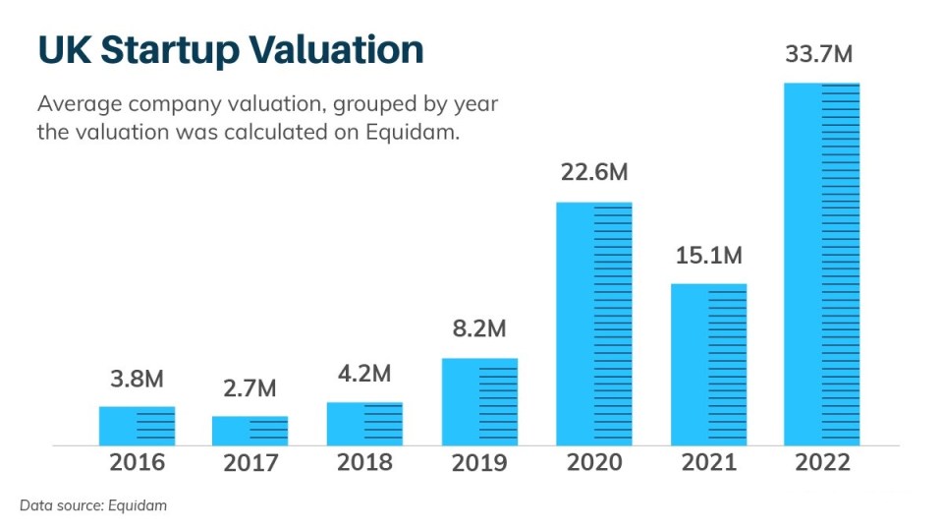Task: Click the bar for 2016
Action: point(137,426)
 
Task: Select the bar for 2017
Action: point(250,431)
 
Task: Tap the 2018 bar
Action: point(364,424)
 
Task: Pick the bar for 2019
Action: point(479,401)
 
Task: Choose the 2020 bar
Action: point(593,324)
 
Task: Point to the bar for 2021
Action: point(708,365)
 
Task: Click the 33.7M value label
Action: point(819,55)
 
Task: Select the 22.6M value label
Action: point(594,173)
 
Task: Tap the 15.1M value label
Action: point(708,256)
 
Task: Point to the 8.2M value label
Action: point(479,329)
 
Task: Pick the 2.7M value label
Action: point(250,388)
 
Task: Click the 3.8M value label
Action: point(137,380)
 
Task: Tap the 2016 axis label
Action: point(138,462)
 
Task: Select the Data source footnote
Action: point(93,505)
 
